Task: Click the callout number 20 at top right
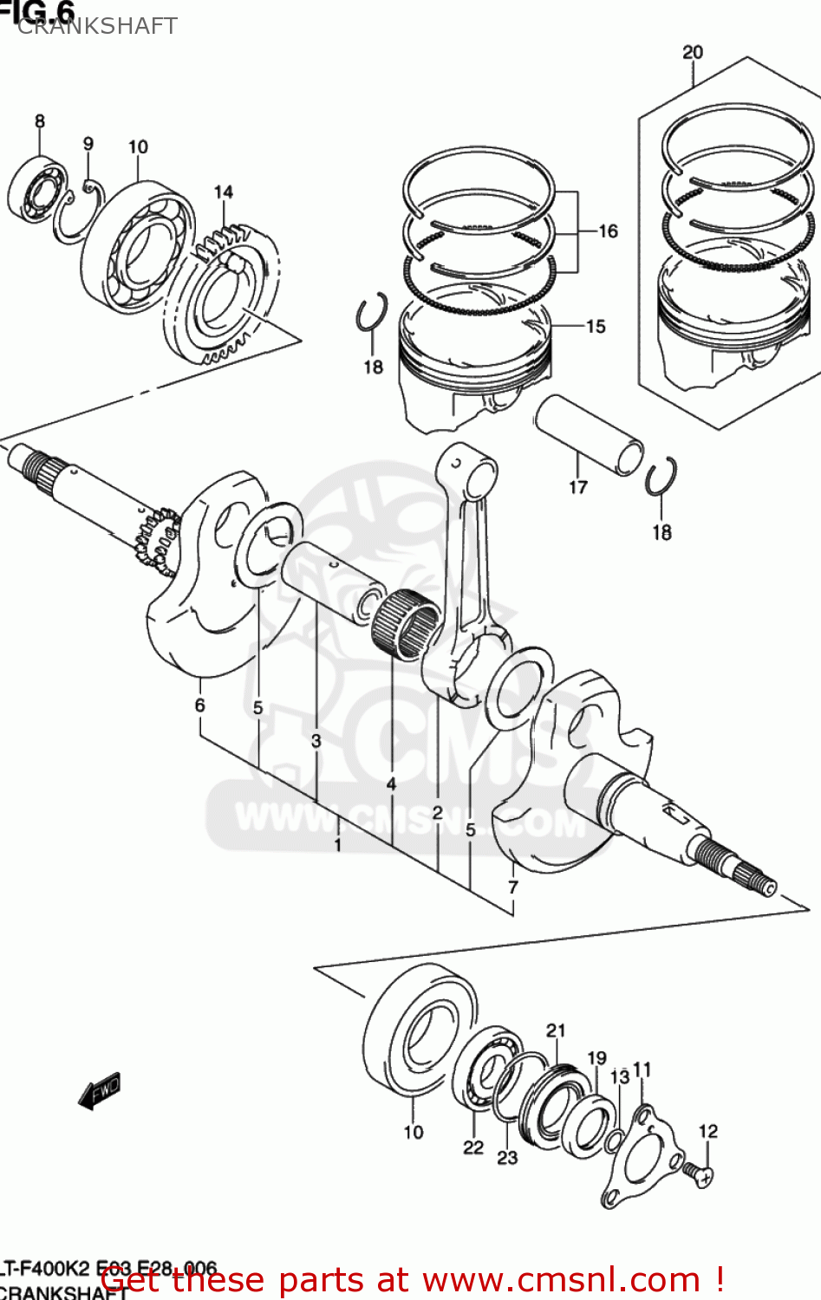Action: [x=692, y=52]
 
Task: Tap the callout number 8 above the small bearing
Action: [x=40, y=121]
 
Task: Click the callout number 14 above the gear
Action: [x=224, y=192]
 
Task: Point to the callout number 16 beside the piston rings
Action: [x=608, y=231]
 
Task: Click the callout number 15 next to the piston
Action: [x=596, y=327]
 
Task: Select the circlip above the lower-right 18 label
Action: [x=661, y=477]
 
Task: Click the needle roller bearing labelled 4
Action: [x=405, y=624]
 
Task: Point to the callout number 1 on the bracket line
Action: [x=337, y=843]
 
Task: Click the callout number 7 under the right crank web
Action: [x=513, y=887]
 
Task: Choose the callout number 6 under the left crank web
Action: [x=200, y=705]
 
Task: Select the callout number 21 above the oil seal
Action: [x=556, y=1030]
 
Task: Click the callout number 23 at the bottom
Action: [x=507, y=1157]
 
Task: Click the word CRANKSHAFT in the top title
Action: [x=97, y=26]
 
